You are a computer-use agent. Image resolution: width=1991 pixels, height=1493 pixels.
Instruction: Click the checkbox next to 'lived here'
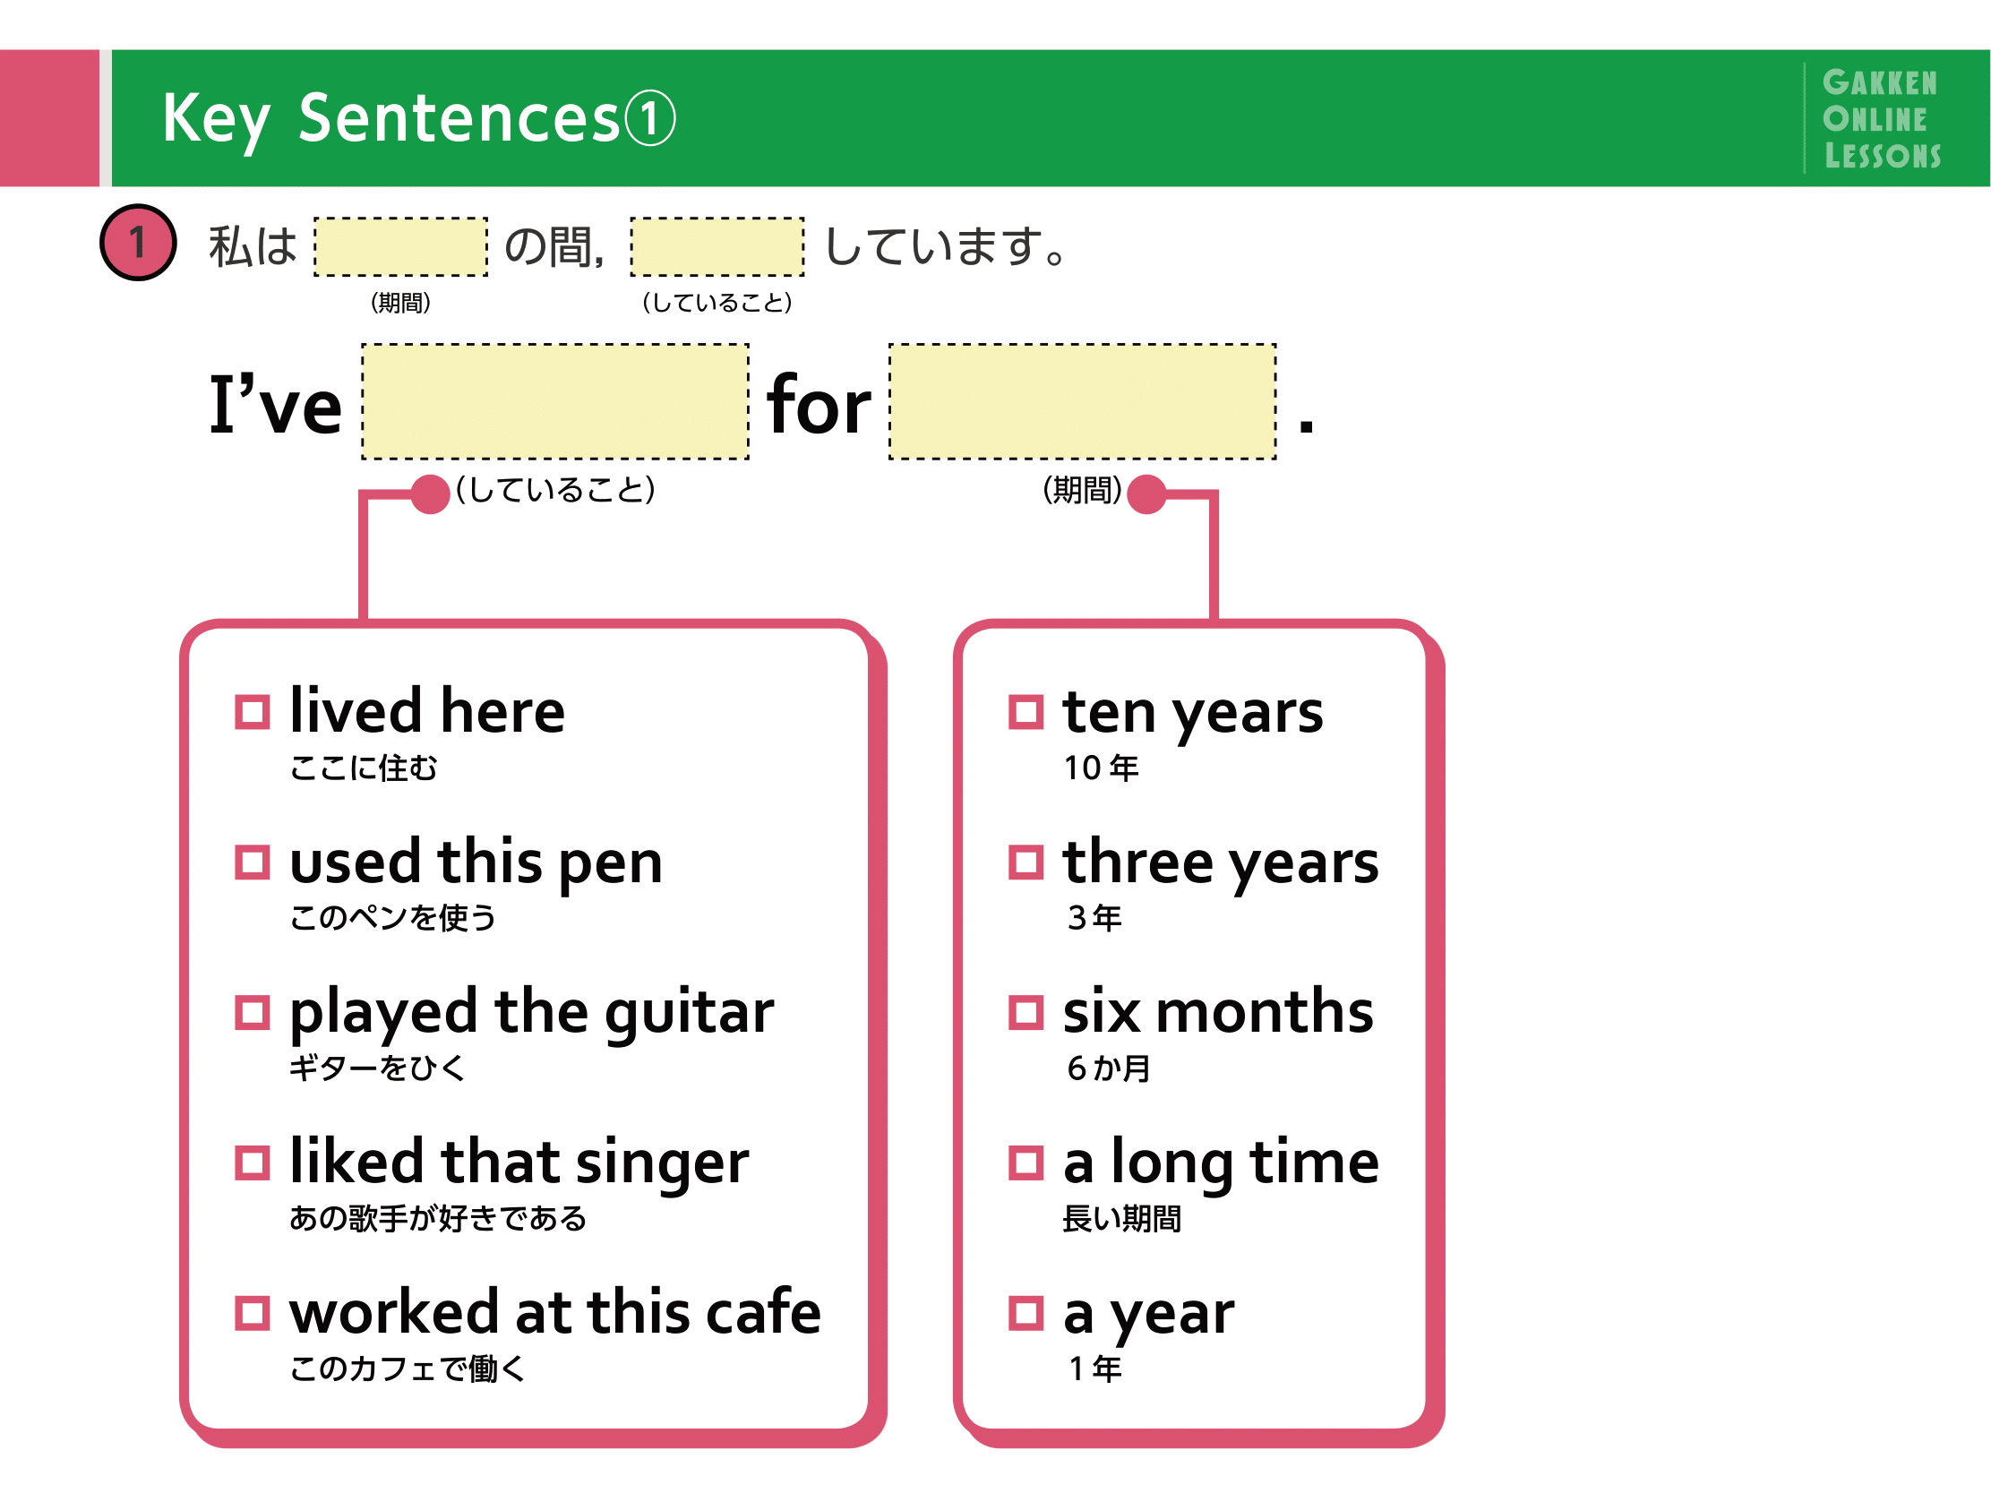[252, 712]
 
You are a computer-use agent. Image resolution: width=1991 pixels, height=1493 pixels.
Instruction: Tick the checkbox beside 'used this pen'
[252, 862]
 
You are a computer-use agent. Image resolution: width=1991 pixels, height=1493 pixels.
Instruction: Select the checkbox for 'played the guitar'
[252, 1012]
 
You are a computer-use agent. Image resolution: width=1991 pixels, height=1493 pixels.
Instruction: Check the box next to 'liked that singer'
[252, 1163]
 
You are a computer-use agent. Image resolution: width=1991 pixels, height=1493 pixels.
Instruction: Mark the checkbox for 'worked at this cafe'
[252, 1313]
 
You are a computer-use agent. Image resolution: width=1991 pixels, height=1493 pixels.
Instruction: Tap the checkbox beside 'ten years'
[1026, 712]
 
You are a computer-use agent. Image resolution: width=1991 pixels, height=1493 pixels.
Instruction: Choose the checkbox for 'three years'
[1026, 862]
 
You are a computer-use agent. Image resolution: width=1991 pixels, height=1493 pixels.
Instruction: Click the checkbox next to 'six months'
[1026, 1012]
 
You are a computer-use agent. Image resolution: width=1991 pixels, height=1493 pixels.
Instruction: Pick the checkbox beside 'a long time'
[1026, 1163]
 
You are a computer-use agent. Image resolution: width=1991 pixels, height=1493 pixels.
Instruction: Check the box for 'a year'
[1026, 1313]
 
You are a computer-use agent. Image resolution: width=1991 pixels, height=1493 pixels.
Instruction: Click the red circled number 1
[138, 242]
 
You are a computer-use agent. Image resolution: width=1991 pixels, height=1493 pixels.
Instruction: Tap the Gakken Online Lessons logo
[1881, 119]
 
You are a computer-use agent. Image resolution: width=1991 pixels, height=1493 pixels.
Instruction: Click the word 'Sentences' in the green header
[459, 118]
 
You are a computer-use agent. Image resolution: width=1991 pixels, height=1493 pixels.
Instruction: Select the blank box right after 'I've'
[555, 401]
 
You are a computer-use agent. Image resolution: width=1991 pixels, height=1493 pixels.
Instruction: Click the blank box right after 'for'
[1083, 401]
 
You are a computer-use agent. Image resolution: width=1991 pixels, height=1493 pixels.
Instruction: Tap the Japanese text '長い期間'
[1122, 1219]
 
